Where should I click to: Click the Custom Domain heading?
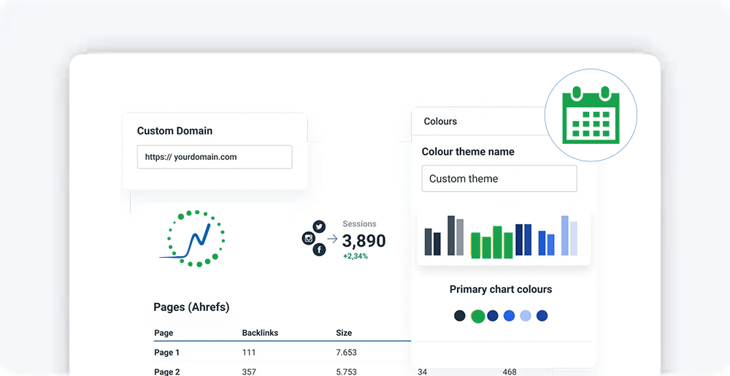(174, 131)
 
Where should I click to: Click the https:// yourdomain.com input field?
(215, 157)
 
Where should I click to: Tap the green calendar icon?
(591, 115)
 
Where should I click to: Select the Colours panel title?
(440, 121)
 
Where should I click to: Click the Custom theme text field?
(499, 178)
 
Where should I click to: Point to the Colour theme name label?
(468, 152)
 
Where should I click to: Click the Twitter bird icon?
(319, 227)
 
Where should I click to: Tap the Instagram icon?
(308, 239)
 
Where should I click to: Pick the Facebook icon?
(319, 250)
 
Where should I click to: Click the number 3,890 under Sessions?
(364, 241)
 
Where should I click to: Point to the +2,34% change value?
(355, 256)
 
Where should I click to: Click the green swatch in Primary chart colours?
(477, 316)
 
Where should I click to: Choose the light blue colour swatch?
(526, 316)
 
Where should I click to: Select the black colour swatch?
(459, 316)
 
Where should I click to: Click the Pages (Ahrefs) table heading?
(191, 307)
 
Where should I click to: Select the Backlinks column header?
(260, 333)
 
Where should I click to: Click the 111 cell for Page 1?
(250, 353)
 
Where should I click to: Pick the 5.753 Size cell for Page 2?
(346, 372)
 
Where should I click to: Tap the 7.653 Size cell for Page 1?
(346, 353)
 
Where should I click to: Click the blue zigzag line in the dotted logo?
(195, 242)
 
